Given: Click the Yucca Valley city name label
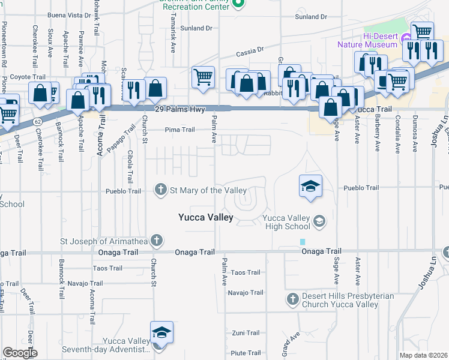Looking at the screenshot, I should tap(206, 218).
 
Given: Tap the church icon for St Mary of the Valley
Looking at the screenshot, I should tap(161, 190).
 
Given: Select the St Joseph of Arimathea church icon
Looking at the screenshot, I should tap(156, 241).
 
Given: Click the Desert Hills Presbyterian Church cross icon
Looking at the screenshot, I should tap(292, 299).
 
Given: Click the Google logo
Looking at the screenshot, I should tap(20, 353).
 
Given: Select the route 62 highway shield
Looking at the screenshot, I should tap(37, 122).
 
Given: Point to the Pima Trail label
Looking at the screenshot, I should tap(180, 130).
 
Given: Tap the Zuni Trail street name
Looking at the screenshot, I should tap(246, 333).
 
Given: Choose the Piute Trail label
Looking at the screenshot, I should tap(246, 353).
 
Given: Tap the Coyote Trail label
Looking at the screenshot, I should tap(28, 77).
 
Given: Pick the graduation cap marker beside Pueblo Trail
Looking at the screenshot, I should tap(311, 186).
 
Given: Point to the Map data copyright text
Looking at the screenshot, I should tap(424, 355).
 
